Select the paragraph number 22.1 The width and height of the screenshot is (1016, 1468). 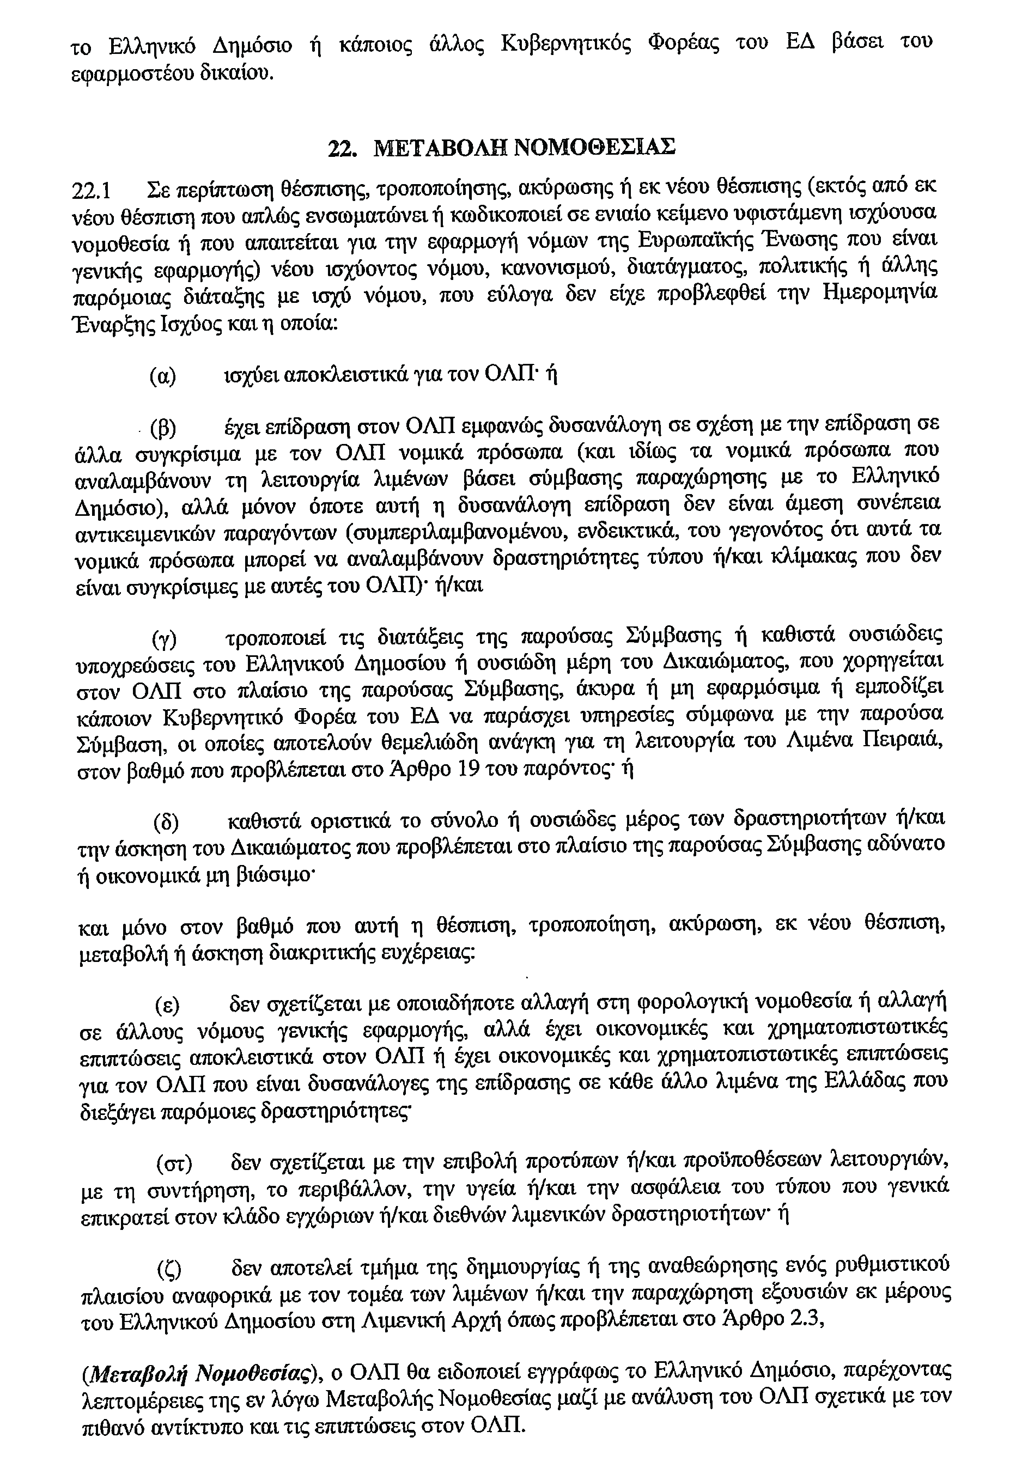94,190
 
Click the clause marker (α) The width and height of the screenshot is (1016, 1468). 163,376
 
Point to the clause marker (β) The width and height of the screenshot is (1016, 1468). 163,428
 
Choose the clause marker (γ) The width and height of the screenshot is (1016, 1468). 164,638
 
